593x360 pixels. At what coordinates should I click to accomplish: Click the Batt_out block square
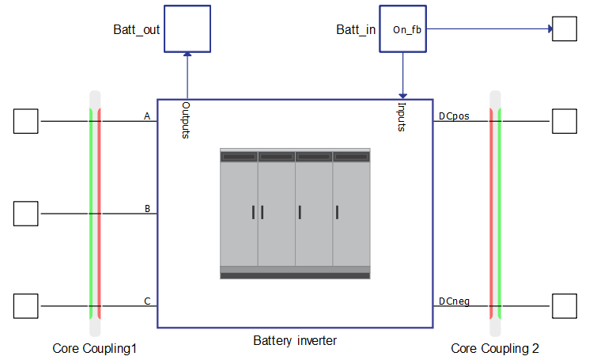pos(187,29)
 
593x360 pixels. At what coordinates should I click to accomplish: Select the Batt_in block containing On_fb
pos(404,29)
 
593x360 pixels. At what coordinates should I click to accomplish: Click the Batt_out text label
pos(136,30)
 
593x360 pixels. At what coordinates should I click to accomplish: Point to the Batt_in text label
pos(356,30)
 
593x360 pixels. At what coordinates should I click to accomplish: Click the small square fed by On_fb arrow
pos(565,29)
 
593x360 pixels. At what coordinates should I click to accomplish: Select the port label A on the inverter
pos(147,116)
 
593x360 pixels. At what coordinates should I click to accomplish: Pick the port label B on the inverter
pos(147,209)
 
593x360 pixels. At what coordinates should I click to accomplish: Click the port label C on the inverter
pos(147,301)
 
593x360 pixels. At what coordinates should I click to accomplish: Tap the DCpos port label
pos(454,116)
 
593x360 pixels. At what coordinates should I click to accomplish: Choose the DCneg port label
pos(454,301)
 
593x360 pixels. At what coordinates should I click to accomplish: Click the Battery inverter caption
pos(295,341)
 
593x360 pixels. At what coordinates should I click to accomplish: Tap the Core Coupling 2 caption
pos(495,348)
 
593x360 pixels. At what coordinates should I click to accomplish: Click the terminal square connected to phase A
pos(26,121)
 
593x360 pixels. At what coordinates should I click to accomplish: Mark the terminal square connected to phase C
pos(26,305)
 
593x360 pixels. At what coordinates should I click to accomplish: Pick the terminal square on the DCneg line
pos(565,305)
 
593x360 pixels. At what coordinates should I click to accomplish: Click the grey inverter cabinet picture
pos(295,213)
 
